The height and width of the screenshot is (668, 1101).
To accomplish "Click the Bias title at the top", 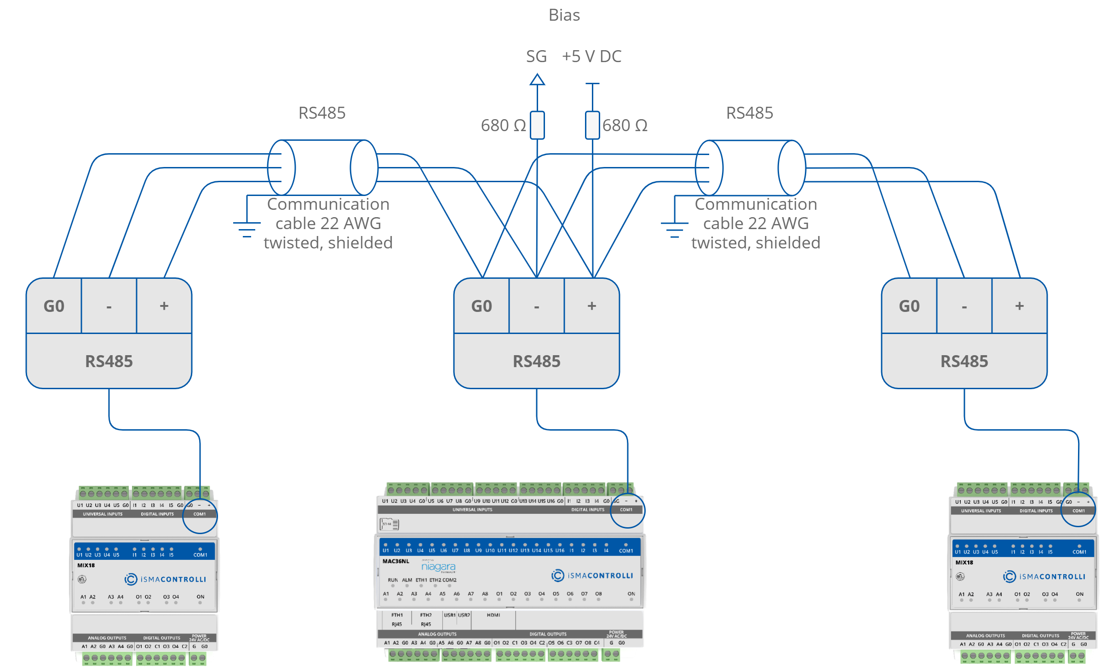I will coord(564,15).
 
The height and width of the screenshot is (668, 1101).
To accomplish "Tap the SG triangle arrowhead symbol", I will coord(537,80).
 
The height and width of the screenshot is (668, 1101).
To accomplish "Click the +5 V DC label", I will coord(592,57).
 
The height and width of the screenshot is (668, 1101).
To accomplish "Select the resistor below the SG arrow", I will coord(537,125).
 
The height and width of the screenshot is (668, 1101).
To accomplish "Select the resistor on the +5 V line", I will coord(592,125).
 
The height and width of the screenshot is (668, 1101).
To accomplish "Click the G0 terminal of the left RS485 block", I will coord(54,306).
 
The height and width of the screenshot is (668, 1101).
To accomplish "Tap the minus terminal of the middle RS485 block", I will coord(537,306).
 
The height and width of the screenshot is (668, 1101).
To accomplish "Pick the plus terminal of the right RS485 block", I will coord(1020,306).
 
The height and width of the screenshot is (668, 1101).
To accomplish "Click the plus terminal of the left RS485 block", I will coord(164,306).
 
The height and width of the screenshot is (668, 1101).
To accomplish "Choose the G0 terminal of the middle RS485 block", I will coord(482,306).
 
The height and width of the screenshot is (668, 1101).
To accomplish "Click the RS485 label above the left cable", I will coord(322,113).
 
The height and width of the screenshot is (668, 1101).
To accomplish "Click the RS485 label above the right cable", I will coord(750,113).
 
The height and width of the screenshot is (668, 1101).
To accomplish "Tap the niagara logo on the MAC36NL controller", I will coord(438,567).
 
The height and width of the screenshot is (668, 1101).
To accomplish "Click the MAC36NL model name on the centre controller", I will coord(396,561).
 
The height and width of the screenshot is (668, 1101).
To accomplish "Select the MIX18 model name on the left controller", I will coord(86,565).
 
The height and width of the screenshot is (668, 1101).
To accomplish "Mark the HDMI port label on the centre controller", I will coord(493,615).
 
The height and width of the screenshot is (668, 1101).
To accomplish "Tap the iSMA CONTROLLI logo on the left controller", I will coord(166,579).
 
